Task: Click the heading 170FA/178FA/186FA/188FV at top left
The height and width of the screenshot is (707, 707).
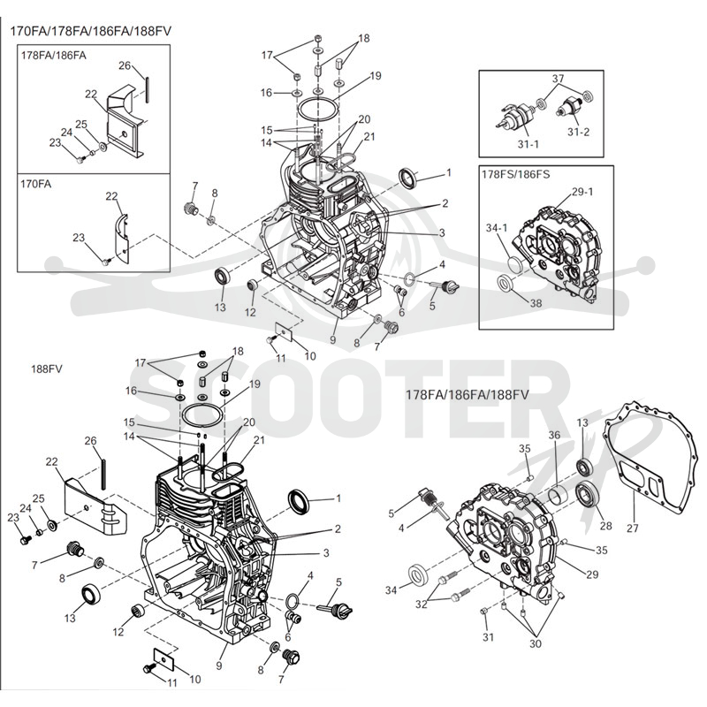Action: (91, 31)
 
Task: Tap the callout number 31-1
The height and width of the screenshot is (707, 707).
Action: (528, 144)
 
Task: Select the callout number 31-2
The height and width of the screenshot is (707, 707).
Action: (578, 132)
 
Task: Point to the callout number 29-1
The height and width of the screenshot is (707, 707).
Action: (582, 192)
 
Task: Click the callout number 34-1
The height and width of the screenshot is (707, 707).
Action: (497, 228)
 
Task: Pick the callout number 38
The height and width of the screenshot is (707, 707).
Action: (536, 303)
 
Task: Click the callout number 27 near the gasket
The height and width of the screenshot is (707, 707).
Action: (633, 527)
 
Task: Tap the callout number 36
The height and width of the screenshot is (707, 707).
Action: (554, 435)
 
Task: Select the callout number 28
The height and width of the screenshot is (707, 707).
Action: (605, 526)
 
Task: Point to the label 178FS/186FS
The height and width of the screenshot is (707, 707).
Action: (515, 174)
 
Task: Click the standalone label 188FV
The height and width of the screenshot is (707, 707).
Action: (47, 369)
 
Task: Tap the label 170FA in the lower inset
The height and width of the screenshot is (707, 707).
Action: (35, 184)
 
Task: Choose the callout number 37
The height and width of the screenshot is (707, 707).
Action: (559, 79)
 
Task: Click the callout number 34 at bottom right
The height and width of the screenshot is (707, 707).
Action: (391, 589)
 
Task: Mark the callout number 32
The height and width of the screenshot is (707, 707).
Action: (422, 604)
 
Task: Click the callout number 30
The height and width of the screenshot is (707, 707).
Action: (536, 643)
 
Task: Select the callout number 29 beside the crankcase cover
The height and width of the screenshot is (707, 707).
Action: (592, 574)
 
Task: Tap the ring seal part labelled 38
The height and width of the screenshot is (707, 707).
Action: (505, 284)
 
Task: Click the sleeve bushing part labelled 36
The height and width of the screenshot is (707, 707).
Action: (559, 494)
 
